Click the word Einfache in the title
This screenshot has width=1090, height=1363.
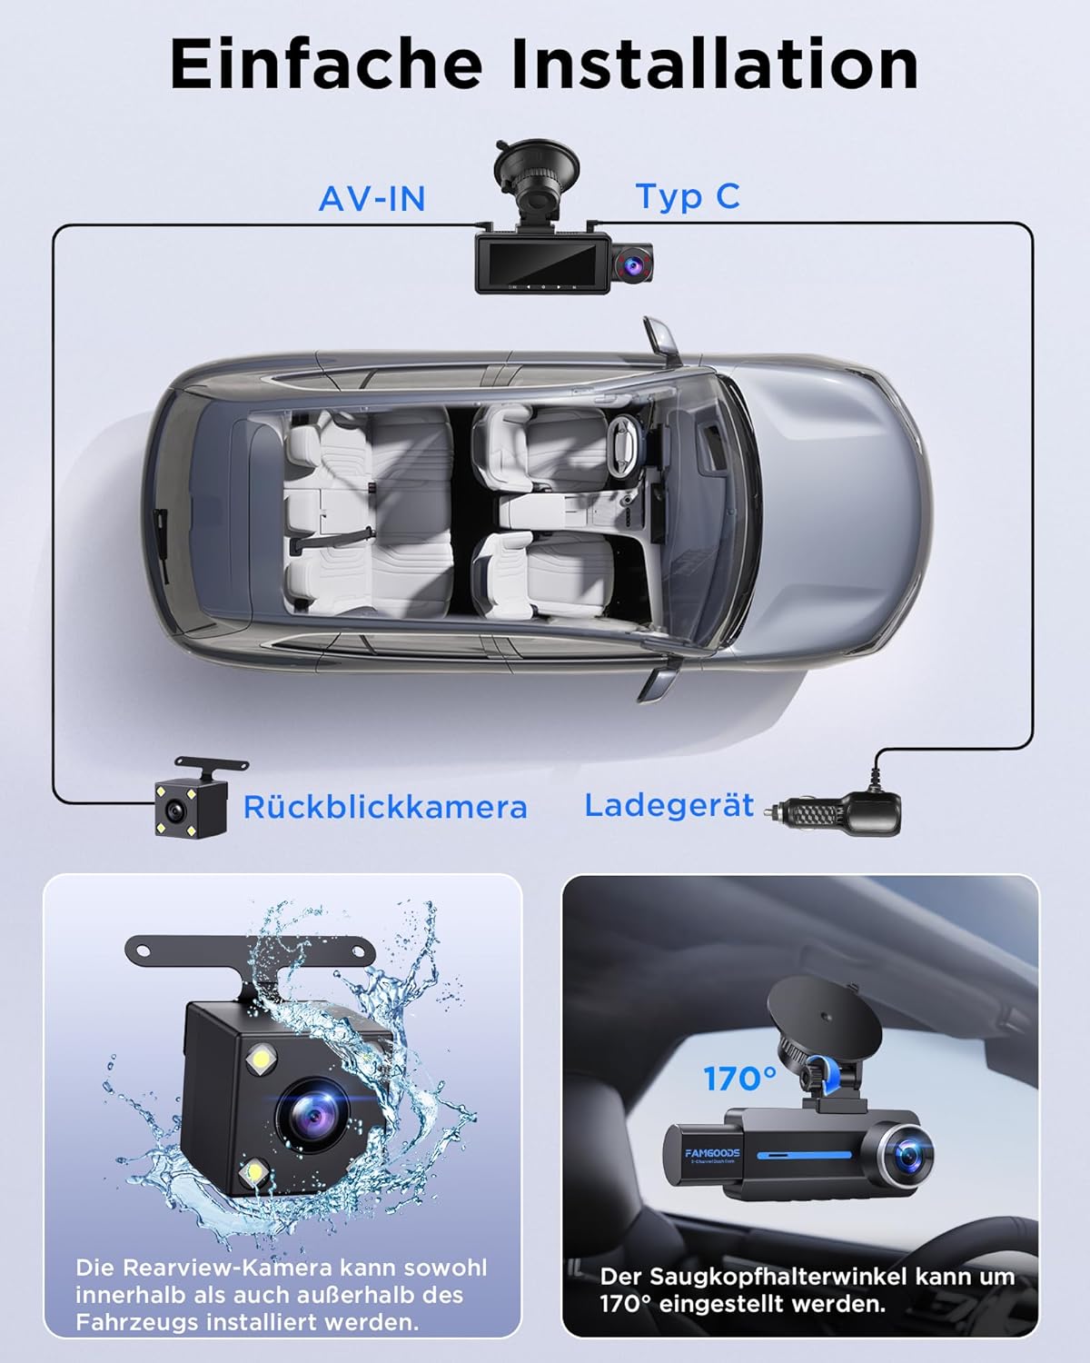click(x=326, y=64)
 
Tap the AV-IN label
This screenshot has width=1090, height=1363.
click(x=372, y=199)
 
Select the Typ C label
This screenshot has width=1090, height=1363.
click(x=688, y=196)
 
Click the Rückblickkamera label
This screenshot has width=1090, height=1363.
click(x=385, y=808)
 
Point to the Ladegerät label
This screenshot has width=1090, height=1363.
click(x=669, y=806)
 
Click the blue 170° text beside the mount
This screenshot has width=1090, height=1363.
click(x=739, y=1079)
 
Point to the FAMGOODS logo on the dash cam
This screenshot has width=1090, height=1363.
click(x=712, y=1153)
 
